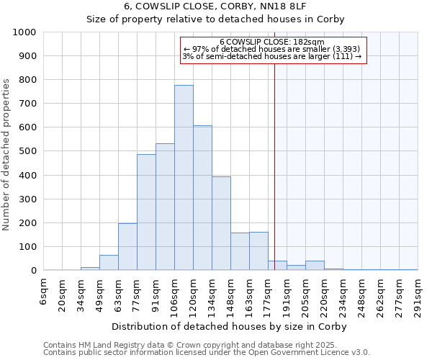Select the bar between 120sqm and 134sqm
(x=202, y=198)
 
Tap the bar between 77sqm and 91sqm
(x=146, y=212)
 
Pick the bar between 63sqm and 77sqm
(x=127, y=247)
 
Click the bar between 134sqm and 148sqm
(x=221, y=223)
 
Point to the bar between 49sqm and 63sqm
(x=109, y=263)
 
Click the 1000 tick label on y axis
(x=24, y=32)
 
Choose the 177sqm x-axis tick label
(x=269, y=294)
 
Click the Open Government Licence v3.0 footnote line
(x=207, y=353)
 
